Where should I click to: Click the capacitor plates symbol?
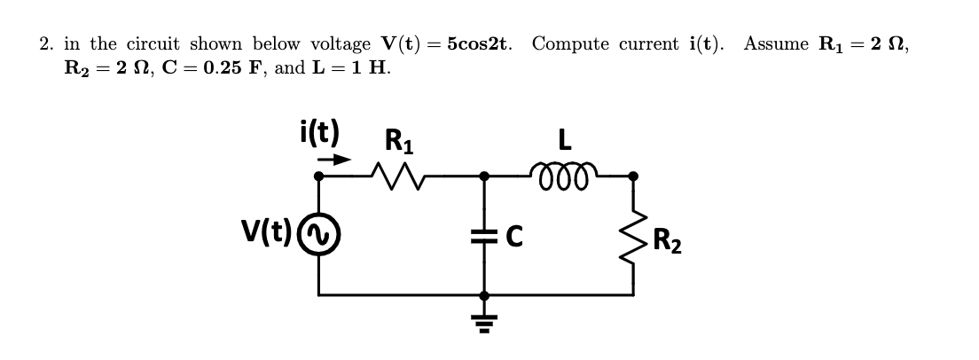coord(483,235)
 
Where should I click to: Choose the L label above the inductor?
coord(563,140)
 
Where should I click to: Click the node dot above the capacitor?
coord(483,176)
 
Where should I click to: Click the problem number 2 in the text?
coord(45,44)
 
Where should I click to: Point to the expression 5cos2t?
coord(480,43)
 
